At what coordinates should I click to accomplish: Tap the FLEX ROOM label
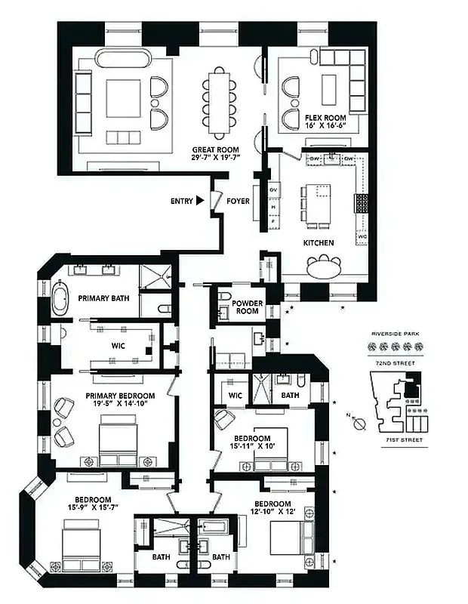tap(325, 119)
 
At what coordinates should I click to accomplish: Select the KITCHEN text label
tap(319, 243)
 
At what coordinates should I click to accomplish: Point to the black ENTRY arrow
tap(200, 201)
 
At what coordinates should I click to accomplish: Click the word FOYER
tap(238, 202)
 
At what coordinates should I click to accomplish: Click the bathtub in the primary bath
tap(60, 297)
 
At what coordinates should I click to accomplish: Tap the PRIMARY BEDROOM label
tap(120, 396)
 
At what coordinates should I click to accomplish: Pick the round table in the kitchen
tap(323, 266)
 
